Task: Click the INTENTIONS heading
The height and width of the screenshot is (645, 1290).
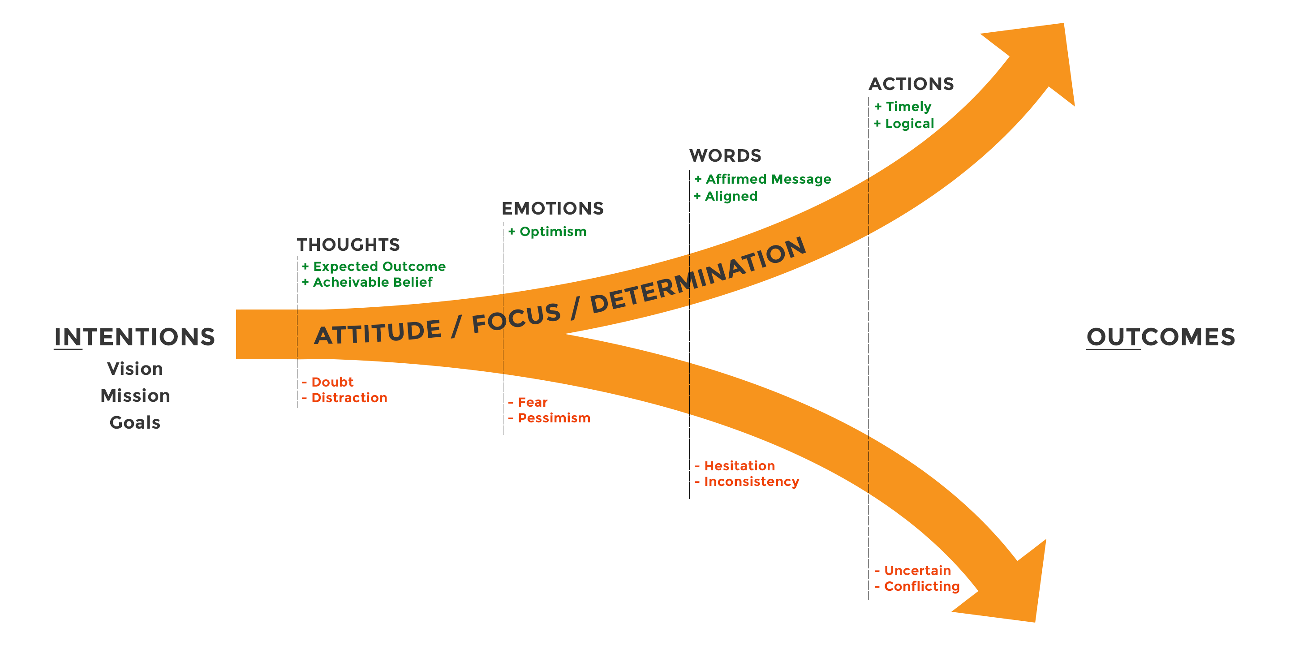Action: click(x=135, y=337)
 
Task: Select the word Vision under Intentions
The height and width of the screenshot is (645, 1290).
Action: click(x=135, y=369)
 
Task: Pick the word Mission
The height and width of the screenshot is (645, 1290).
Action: click(x=135, y=396)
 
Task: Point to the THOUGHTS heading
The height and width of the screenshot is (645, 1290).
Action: click(x=348, y=245)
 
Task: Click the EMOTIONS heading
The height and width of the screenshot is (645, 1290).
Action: click(x=552, y=208)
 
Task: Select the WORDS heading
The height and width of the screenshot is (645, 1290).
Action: click(x=725, y=156)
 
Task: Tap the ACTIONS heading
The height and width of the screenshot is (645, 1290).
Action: click(x=911, y=84)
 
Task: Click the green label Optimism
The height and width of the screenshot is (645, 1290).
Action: click(x=552, y=232)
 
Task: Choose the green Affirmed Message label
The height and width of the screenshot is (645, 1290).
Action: click(x=768, y=179)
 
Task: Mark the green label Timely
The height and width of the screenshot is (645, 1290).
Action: click(x=908, y=107)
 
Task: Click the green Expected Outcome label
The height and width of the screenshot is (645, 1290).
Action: click(x=379, y=267)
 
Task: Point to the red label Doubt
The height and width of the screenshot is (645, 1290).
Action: click(x=332, y=382)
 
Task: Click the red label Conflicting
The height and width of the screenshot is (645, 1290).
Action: click(x=921, y=586)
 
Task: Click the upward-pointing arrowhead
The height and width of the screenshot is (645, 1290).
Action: click(x=1041, y=55)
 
